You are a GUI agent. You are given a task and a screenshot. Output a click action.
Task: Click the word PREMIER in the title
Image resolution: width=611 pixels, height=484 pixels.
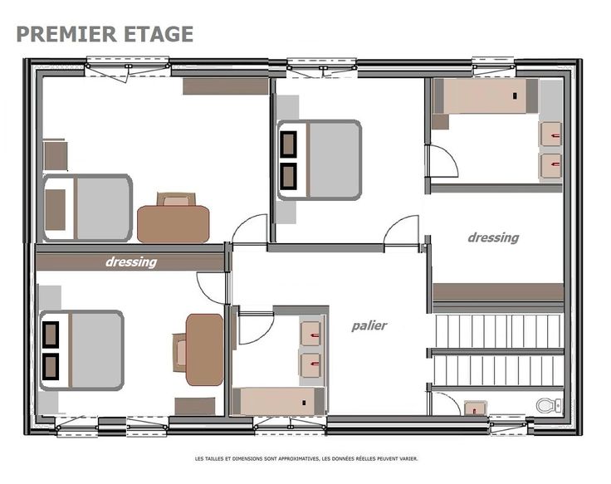(x=66, y=34)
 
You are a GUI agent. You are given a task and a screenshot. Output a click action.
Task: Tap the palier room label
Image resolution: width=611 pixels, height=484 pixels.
(x=369, y=325)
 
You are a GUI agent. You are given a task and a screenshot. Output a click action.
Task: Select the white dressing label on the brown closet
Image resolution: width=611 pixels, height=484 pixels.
(x=131, y=262)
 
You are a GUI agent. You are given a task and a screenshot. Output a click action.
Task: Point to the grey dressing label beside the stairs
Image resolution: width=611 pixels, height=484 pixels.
(x=493, y=237)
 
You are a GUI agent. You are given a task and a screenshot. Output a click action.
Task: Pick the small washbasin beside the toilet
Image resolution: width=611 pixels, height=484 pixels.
(x=476, y=408)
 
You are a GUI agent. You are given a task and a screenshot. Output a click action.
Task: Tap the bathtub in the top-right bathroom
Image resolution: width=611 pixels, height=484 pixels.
(x=486, y=95)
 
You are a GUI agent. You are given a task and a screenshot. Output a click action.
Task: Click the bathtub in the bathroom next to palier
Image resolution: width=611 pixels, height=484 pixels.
(x=279, y=401)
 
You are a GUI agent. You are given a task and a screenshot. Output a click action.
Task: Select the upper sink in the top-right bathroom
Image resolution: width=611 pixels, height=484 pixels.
(x=550, y=134)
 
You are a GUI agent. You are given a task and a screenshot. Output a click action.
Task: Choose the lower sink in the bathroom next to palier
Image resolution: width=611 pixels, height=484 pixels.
(x=311, y=365)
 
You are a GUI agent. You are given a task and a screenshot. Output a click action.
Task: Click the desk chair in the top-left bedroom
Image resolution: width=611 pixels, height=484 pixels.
(x=176, y=199)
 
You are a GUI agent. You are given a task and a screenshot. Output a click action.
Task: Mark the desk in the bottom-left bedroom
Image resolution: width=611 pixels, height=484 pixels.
(x=204, y=350)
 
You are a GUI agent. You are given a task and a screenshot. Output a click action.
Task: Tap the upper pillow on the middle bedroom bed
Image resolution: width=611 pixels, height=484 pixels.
(x=288, y=144)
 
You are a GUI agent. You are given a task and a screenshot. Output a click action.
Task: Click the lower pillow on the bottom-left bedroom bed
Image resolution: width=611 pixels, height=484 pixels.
(x=51, y=367)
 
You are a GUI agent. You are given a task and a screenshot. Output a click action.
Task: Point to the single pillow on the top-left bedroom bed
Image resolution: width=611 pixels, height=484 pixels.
(x=55, y=210)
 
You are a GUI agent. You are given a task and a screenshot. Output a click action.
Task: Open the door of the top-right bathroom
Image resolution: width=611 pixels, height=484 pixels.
(x=443, y=161)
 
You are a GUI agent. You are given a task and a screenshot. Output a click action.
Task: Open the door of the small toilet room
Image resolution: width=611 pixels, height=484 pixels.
(x=445, y=403)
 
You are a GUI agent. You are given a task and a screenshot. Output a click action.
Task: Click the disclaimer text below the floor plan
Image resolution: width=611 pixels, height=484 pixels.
(x=306, y=458)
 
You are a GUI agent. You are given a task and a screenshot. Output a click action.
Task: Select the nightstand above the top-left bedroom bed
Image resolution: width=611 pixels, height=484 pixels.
(x=56, y=155)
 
